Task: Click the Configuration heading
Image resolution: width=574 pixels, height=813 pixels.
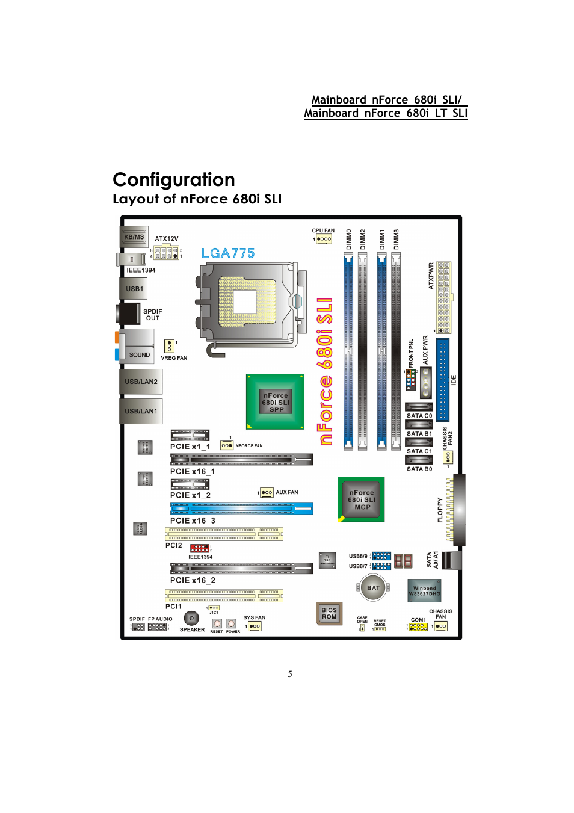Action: (x=174, y=179)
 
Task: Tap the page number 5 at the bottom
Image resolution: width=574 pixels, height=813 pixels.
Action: (x=290, y=674)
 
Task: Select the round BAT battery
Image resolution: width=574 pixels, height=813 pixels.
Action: (x=373, y=588)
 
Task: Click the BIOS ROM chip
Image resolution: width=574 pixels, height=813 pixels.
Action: (x=329, y=613)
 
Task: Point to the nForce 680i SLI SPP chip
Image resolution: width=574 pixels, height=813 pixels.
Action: (x=276, y=402)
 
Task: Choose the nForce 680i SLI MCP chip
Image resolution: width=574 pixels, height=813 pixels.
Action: (x=361, y=499)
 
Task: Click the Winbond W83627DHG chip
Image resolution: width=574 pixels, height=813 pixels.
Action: (x=424, y=591)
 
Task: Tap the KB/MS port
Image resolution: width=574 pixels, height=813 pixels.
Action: (x=134, y=236)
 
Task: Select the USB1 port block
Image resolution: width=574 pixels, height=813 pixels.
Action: (x=134, y=289)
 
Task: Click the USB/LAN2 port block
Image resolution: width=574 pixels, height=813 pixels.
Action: (x=141, y=382)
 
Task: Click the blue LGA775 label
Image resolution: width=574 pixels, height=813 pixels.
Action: (x=228, y=253)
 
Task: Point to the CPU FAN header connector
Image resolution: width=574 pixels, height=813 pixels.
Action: (x=324, y=239)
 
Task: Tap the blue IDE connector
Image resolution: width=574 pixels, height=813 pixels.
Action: (x=443, y=379)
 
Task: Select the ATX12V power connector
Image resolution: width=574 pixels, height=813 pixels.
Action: (x=167, y=253)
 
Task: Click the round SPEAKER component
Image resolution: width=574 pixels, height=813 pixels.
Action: (x=191, y=618)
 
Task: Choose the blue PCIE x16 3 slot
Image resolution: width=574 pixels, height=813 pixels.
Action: (x=241, y=509)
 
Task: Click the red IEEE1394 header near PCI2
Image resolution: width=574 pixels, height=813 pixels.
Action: (x=200, y=548)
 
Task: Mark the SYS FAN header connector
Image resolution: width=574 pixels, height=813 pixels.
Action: (x=255, y=626)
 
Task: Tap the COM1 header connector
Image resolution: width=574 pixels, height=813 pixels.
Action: (x=418, y=626)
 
